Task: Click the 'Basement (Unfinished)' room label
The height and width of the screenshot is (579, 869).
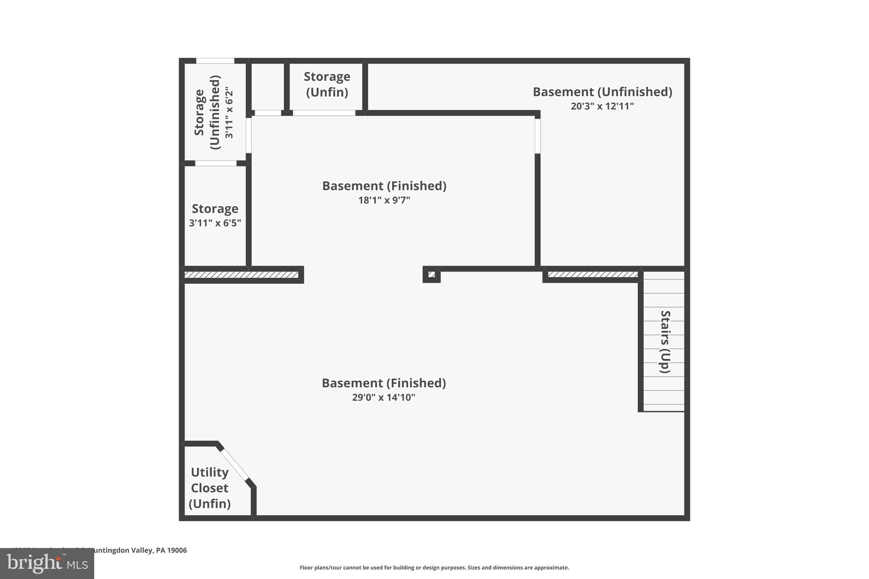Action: [602, 92]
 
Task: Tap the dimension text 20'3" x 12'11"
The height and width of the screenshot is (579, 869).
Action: [602, 106]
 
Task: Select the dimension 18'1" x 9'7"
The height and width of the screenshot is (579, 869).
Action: [384, 200]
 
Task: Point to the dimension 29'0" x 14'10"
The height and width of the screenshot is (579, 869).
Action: [384, 397]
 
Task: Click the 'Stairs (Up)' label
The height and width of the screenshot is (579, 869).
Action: [665, 342]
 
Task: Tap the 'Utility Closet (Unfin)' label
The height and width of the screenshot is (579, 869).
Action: [210, 488]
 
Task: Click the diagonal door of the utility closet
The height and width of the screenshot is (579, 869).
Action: [234, 464]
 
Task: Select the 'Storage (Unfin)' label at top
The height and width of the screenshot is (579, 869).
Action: [327, 84]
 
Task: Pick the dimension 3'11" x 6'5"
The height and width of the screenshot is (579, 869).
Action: [215, 223]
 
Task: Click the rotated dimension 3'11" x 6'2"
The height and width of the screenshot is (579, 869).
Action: [229, 112]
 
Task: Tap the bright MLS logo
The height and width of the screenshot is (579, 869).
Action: [47, 563]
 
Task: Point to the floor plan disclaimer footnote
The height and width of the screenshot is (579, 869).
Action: [434, 568]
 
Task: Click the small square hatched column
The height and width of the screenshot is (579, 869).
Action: [432, 274]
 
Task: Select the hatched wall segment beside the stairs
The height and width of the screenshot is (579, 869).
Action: [593, 274]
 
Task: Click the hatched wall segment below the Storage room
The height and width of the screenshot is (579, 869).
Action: [241, 275]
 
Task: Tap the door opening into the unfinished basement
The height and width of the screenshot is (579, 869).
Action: [537, 136]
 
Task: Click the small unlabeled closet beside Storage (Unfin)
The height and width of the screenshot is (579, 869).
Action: [268, 87]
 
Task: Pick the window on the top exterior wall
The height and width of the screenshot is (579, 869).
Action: [215, 61]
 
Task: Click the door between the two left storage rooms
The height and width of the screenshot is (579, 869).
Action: [216, 163]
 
